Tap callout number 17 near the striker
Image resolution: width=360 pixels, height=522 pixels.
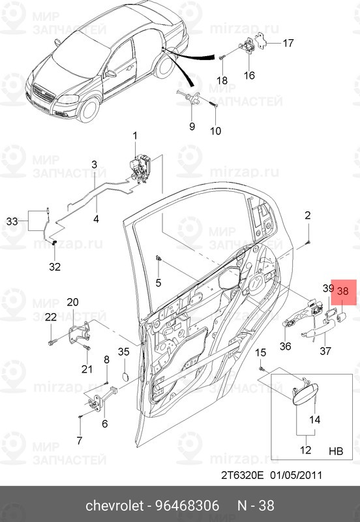click(x=290, y=44)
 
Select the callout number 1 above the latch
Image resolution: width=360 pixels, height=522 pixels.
click(x=136, y=136)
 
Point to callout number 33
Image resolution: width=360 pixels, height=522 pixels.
click(x=12, y=222)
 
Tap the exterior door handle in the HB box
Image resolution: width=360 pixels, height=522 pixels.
click(x=303, y=392)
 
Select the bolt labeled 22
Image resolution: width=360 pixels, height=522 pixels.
click(x=52, y=341)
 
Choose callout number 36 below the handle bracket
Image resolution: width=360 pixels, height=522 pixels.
click(x=284, y=346)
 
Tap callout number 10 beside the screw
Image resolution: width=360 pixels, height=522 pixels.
click(x=215, y=130)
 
